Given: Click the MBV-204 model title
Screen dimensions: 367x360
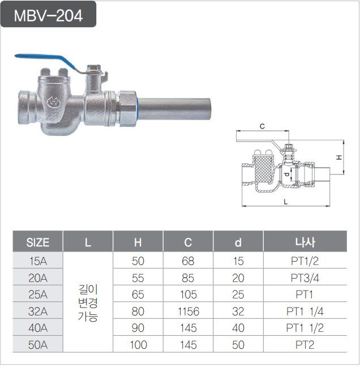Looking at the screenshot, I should [49, 15].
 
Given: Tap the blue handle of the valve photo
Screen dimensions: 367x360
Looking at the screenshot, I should [42, 58].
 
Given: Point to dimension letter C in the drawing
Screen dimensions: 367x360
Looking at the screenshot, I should [262, 126].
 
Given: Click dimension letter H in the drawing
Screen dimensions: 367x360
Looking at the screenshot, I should [339, 156].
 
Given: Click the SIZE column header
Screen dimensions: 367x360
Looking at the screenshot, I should [38, 243].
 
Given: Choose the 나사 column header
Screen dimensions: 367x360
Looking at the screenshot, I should [305, 243].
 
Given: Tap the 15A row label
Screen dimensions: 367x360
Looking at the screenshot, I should [38, 262].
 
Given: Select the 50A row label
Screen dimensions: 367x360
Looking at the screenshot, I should [38, 344].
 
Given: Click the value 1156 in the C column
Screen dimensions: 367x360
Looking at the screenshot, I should [188, 311].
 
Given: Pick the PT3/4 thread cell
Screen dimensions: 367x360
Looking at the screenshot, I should [305, 278].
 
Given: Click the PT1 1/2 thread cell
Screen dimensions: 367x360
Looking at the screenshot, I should [305, 328].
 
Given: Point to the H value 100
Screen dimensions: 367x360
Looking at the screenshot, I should [138, 344].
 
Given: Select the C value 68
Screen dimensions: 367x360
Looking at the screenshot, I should [188, 262].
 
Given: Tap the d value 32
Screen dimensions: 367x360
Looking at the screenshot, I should [238, 311].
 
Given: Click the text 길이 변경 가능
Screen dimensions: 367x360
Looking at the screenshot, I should [88, 303].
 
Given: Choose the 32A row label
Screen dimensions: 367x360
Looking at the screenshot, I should [38, 311].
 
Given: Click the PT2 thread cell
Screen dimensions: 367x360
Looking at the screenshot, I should [305, 344].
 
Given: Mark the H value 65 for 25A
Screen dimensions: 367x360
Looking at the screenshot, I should [138, 295].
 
